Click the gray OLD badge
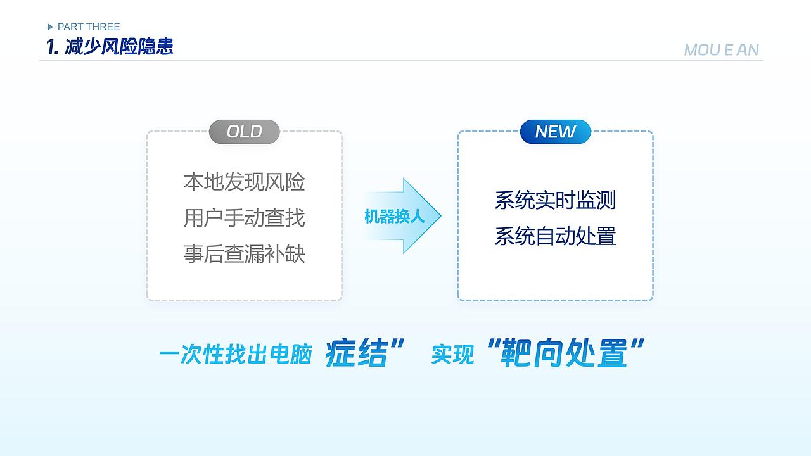244,132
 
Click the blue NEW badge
555,132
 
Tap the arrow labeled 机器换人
402,216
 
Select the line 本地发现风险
244,182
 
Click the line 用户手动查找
244,218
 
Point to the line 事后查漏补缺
244,254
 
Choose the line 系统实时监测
555,200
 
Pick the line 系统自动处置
555,236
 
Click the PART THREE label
88,27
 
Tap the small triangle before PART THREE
51,27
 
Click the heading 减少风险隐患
118,46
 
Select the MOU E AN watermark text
721,50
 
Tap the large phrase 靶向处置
564,353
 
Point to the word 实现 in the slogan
452,355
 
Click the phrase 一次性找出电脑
235,355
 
